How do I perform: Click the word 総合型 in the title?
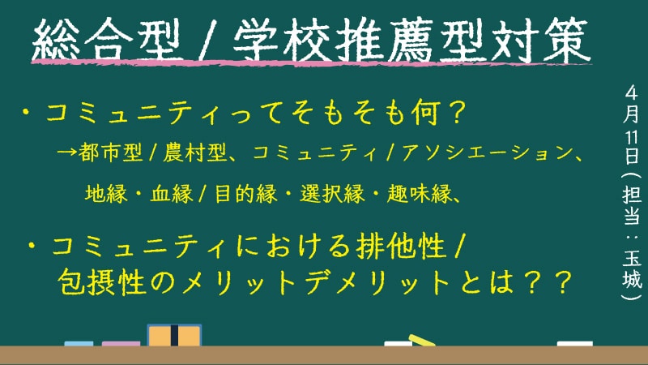click(107, 40)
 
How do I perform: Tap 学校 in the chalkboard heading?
click(282, 40)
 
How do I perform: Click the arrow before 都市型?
click(66, 152)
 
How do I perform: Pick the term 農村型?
click(194, 152)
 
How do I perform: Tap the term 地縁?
click(106, 193)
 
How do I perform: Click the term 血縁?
click(171, 193)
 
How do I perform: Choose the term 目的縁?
click(246, 193)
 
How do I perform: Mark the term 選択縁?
click(332, 193)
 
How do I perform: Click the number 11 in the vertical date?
click(632, 137)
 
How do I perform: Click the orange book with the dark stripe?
click(174, 335)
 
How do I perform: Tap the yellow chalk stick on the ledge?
click(421, 340)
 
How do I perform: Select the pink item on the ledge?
click(121, 343)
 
